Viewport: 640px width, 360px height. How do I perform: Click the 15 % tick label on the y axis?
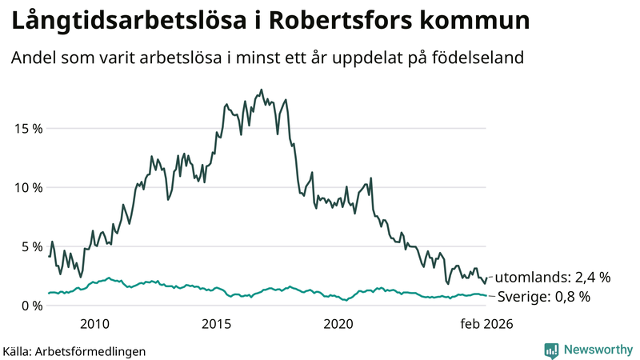pos(27,128)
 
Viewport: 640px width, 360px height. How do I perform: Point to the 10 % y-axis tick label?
pos(27,187)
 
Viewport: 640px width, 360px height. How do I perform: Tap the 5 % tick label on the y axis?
pos(30,246)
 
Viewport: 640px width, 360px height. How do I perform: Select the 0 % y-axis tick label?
pos(30,305)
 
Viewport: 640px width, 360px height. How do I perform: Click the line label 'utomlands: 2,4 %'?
pos(553,278)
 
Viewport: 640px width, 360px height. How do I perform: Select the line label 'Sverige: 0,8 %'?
pos(544,297)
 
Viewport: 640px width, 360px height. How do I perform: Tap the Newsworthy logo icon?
pos(551,350)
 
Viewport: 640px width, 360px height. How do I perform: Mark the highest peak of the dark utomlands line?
pos(262,90)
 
